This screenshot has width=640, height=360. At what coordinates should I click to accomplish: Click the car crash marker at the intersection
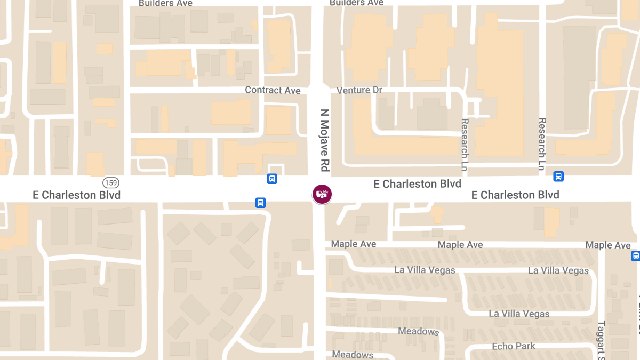[322, 194]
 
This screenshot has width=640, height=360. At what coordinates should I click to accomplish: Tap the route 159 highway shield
[110, 182]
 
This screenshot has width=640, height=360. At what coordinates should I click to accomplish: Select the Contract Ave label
[273, 90]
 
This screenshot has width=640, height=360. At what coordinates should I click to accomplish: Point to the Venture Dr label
[359, 90]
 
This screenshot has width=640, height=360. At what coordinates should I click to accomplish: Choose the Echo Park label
[514, 346]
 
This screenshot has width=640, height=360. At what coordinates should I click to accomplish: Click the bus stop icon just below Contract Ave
[272, 179]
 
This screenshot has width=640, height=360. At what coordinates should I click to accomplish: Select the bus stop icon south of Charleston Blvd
[260, 203]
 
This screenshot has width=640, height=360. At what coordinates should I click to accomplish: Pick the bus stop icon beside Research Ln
[558, 176]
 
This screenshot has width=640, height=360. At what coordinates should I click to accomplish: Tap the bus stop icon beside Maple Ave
[635, 256]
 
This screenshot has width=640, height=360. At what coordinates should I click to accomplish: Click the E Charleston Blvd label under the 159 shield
[77, 195]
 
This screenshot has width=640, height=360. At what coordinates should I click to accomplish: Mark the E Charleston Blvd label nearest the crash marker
[417, 184]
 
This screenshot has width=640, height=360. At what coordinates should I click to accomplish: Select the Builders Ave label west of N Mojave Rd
[165, 3]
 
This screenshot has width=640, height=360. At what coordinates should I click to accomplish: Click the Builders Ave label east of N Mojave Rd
[356, 3]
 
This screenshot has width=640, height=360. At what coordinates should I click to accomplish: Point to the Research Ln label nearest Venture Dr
[464, 145]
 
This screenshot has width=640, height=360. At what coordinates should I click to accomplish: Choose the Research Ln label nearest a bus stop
[542, 144]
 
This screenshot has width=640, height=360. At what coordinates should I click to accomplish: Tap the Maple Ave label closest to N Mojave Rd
[354, 244]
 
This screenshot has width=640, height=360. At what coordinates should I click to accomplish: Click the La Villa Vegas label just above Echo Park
[519, 314]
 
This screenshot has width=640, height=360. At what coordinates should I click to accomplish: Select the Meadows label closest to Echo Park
[418, 331]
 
